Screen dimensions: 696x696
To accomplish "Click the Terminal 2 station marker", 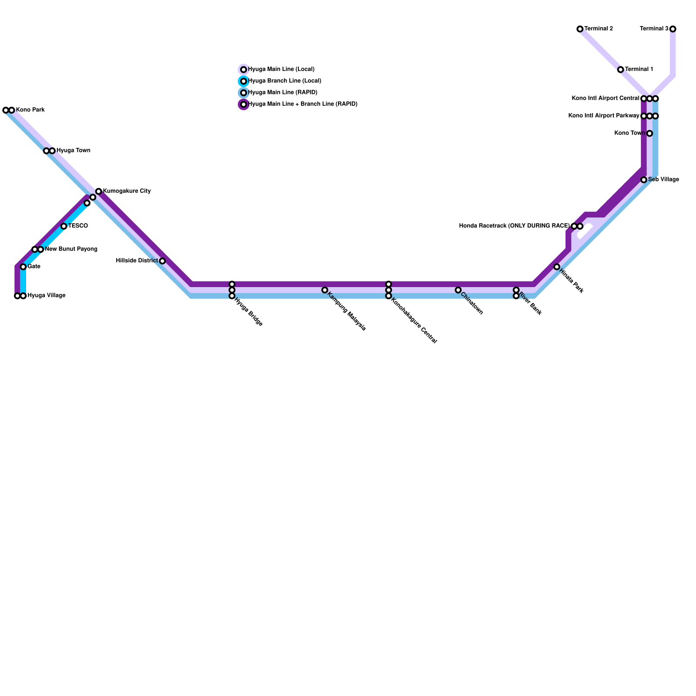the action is coord(580,29).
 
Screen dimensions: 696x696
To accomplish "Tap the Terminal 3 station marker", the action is coord(673,29).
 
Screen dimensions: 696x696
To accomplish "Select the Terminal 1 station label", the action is coord(639,70).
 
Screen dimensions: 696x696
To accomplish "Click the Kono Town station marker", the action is coord(649,134).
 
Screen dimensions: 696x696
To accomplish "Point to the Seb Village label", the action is coord(663,180).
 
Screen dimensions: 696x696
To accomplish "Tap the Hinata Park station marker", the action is coord(557,267).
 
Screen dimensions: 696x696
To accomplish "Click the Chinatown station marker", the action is coord(458,290).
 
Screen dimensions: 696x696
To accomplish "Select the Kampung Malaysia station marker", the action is coord(325,290).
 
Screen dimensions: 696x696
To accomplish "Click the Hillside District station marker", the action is coord(162,261).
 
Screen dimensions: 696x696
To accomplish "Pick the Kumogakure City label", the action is coord(127,191).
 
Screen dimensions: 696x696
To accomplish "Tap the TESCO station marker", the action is coord(64,226).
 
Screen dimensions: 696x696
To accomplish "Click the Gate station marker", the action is coord(23,267).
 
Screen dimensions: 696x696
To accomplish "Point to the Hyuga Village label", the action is coord(47,296).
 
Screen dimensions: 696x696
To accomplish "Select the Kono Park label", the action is coord(30,110).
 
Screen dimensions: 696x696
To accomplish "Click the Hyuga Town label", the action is coord(74,151).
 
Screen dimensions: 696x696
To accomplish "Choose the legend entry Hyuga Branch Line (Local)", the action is coord(284,81).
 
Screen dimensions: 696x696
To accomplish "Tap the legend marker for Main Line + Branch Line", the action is coord(244,104).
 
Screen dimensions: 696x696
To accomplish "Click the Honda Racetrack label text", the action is coord(514,226).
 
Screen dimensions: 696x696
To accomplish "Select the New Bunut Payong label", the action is coord(71,249).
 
